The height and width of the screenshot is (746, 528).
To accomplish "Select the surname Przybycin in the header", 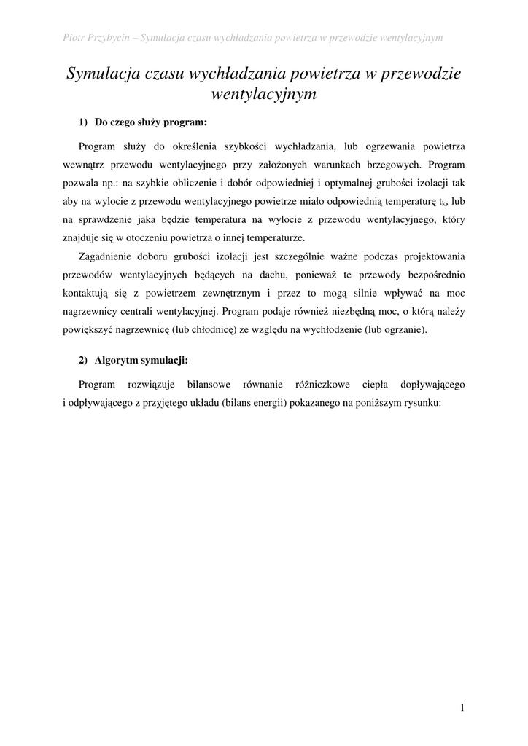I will [110, 37].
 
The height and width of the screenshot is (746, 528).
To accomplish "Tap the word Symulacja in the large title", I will [103, 74].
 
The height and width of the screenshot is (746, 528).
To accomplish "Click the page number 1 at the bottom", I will [462, 707].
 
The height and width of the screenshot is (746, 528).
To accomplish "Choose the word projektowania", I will [435, 257].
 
